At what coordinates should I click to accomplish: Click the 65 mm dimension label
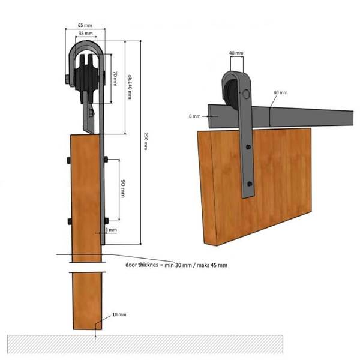coord(85,25)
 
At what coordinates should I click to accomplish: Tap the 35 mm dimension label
coord(86,34)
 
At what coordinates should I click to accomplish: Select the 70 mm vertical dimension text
coord(115,79)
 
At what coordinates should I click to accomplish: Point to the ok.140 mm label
coord(130,86)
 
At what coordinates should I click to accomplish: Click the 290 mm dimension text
coord(146,141)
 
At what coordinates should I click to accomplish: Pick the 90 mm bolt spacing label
coord(123,189)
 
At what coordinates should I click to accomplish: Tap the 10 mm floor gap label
coord(119,314)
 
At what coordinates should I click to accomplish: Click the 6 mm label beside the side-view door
coord(111,230)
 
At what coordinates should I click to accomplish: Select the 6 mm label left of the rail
coord(194,116)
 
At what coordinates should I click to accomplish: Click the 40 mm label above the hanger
coord(236,53)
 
